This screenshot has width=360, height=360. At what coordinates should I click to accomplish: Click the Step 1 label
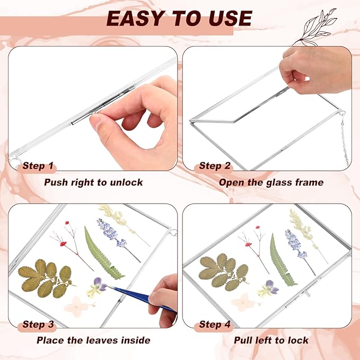(38, 165)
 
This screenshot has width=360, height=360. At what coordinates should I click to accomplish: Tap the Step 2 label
(215, 165)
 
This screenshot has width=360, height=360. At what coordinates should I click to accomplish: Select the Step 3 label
(38, 324)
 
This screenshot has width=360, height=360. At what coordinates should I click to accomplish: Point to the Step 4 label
(215, 324)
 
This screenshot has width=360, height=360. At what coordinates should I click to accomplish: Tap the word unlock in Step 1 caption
(126, 182)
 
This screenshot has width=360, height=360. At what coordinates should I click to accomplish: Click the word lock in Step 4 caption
(298, 340)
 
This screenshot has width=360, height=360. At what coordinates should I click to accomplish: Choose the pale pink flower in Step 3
(78, 306)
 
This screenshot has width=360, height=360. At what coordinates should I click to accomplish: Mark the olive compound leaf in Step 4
(224, 272)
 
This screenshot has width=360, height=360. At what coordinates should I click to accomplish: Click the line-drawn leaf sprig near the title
(315, 27)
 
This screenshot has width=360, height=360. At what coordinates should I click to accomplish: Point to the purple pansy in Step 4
(269, 288)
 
